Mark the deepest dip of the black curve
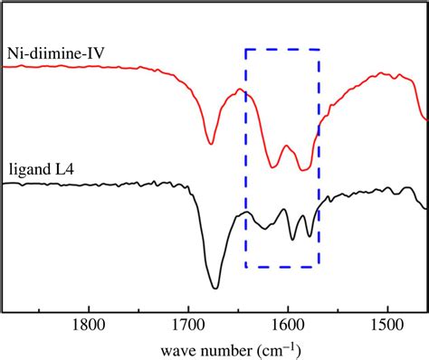coord(215,288)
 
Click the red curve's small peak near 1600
coord(287,146)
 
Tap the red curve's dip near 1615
coord(273,166)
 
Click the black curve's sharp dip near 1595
coord(291,239)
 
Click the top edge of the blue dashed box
coord(282,50)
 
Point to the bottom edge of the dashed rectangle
coord(282,267)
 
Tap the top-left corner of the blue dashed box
coord(246,50)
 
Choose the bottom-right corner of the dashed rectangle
coord(319,267)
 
